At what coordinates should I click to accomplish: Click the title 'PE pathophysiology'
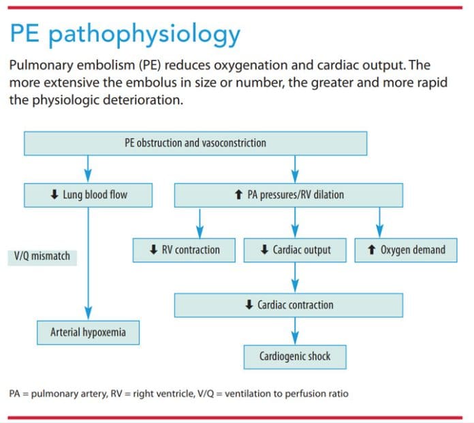pyautogui.click(x=125, y=34)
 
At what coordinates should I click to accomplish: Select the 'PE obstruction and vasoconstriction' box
pyautogui.click(x=195, y=143)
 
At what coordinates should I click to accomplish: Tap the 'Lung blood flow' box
pyautogui.click(x=89, y=195)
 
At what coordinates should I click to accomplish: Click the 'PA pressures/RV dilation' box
pyautogui.click(x=289, y=195)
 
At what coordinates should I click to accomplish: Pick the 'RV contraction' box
pyautogui.click(x=185, y=250)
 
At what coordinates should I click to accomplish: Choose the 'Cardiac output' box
pyautogui.click(x=295, y=250)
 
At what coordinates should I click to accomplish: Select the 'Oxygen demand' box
pyautogui.click(x=406, y=250)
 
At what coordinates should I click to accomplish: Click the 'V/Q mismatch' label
pyautogui.click(x=42, y=257)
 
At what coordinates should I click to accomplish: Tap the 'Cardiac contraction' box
pyautogui.click(x=289, y=304)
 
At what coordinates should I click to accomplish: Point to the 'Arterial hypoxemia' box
pyautogui.click(x=88, y=333)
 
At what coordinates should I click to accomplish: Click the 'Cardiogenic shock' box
pyautogui.click(x=294, y=356)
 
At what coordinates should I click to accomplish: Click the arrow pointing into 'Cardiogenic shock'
pyautogui.click(x=295, y=335)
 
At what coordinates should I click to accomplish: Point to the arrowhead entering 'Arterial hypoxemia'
pyautogui.click(x=89, y=313)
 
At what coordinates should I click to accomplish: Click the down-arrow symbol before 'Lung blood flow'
pyautogui.click(x=54, y=195)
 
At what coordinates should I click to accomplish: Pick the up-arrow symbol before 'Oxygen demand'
pyautogui.click(x=370, y=250)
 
